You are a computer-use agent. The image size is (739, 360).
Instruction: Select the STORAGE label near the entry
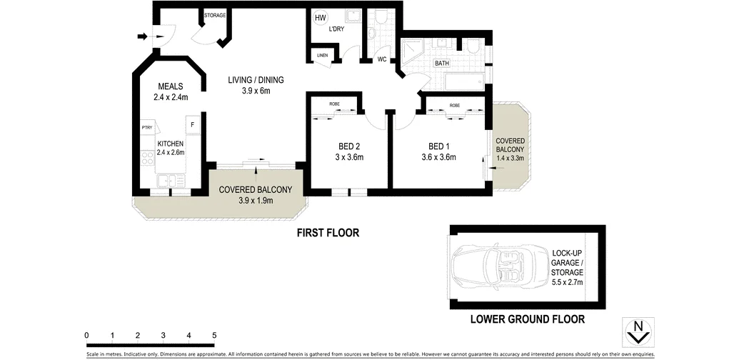[x=215, y=14]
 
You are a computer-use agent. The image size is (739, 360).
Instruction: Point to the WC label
[x=383, y=59]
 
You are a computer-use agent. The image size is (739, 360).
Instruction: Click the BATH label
[x=442, y=64]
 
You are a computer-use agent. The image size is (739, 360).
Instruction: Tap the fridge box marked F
[x=192, y=126]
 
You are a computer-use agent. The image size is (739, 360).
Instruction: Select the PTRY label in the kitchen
[x=147, y=128]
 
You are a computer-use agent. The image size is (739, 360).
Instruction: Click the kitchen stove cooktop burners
[x=148, y=161]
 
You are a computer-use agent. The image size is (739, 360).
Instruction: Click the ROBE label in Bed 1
[x=454, y=106]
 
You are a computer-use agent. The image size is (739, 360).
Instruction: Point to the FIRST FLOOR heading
[x=328, y=233]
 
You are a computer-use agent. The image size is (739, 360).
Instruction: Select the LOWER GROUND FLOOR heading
[x=527, y=319]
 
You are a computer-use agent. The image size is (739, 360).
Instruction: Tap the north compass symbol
[x=639, y=330]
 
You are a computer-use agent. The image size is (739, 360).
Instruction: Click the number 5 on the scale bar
[x=213, y=334]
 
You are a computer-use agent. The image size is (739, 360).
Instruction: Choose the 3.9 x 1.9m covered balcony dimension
[x=256, y=201]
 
